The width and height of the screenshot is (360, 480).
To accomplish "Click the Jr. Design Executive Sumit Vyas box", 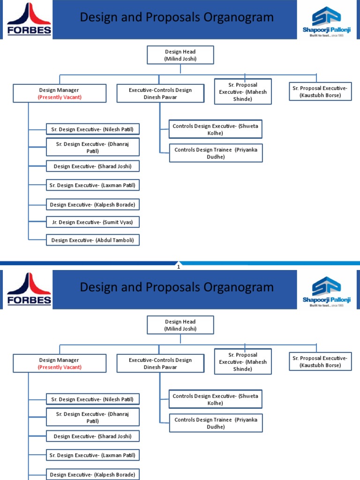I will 93,222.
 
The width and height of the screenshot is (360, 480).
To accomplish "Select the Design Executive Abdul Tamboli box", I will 93,240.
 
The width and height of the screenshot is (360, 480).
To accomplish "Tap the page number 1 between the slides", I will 179,267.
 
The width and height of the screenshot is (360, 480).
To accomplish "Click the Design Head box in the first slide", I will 180,55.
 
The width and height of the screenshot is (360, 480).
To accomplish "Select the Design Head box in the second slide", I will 180,325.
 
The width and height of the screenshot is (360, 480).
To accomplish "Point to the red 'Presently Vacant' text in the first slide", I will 60,97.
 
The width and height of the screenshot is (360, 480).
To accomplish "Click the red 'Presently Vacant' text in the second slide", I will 60,367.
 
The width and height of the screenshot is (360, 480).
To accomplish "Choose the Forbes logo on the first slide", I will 29,19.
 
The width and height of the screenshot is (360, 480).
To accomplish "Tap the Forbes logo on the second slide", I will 29,289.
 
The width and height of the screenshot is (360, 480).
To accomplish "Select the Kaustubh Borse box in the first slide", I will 320,91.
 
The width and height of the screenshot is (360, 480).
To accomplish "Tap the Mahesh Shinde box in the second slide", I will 243,361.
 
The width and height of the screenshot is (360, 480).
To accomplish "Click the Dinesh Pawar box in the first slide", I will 160,93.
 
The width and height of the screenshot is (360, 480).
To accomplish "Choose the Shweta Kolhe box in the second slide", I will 215,399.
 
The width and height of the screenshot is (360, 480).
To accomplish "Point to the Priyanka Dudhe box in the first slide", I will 216,153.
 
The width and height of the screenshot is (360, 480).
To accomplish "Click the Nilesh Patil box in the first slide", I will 93,129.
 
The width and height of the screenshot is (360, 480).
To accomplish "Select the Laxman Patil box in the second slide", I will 93,455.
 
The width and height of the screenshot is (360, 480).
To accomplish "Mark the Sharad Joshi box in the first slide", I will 93,166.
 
